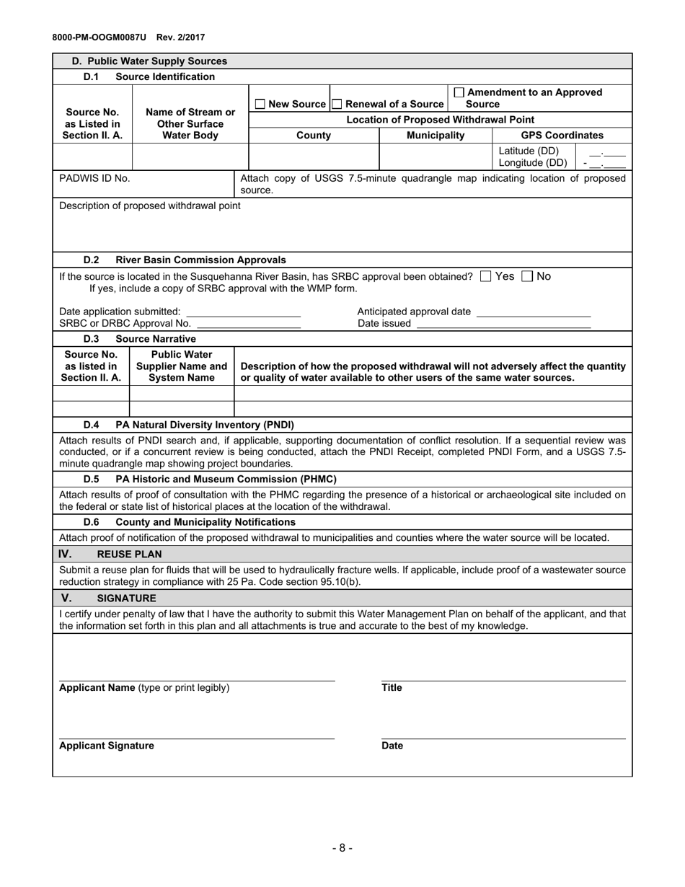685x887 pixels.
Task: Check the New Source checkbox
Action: click(261, 105)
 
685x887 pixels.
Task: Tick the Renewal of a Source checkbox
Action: click(336, 105)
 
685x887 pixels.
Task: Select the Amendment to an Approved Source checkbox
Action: click(459, 92)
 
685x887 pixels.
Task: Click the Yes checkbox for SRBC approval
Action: click(486, 276)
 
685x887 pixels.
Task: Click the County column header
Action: click(314, 135)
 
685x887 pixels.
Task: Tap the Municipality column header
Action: click(436, 135)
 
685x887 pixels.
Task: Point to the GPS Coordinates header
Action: click(562, 135)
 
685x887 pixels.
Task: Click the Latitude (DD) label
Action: click(529, 151)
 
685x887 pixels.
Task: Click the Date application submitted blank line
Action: click(243, 312)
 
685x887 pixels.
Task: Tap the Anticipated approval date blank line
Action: click(534, 312)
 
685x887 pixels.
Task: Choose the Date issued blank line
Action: click(503, 324)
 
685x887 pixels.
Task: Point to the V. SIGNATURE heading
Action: click(108, 598)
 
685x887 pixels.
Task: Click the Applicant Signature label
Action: click(106, 746)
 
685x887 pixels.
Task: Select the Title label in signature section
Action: click(392, 687)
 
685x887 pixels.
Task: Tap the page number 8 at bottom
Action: click(342, 848)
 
